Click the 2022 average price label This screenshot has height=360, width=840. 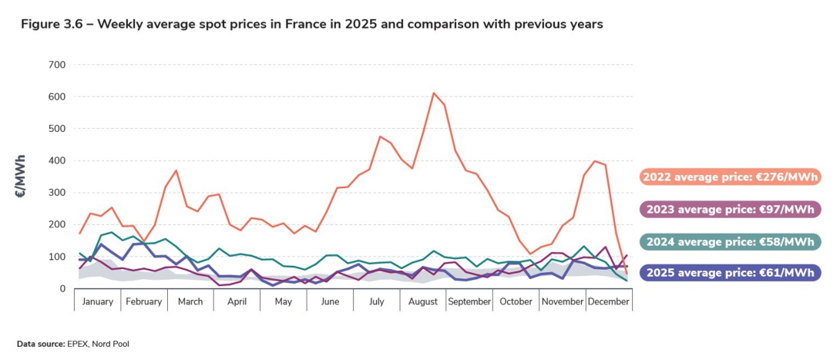tap(729, 177)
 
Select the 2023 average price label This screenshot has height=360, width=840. tap(729, 209)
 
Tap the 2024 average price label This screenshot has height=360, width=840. tap(729, 241)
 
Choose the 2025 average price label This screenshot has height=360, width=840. tap(729, 273)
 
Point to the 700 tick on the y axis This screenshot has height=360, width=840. tap(57, 65)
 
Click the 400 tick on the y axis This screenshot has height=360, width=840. tap(57, 160)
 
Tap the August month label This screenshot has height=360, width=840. tap(423, 301)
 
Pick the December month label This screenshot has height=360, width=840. tap(610, 301)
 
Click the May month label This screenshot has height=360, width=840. tap(283, 301)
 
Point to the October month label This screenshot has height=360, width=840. tap(516, 301)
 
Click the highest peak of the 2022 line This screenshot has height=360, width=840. tap(434, 93)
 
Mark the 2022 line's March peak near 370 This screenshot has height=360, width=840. tap(176, 170)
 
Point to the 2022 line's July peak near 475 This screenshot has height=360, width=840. tap(380, 136)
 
